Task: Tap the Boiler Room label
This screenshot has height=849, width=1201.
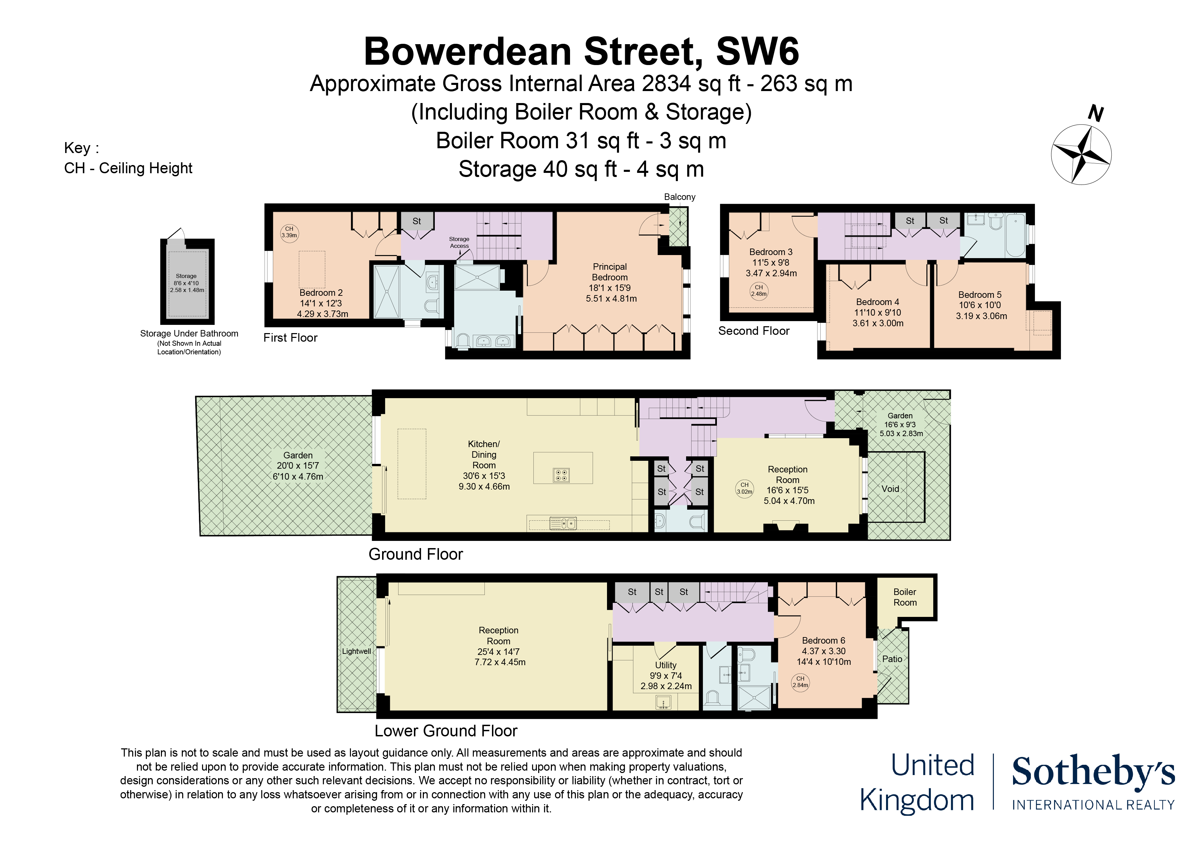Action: [905, 597]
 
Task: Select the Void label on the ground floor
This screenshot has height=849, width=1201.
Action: [890, 489]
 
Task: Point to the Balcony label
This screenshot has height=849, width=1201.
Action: [680, 197]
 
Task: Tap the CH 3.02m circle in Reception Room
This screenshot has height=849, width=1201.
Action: [744, 488]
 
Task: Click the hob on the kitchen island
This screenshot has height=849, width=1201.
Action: [561, 475]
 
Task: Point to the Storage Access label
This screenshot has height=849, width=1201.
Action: [459, 242]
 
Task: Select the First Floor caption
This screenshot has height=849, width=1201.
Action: [290, 338]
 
